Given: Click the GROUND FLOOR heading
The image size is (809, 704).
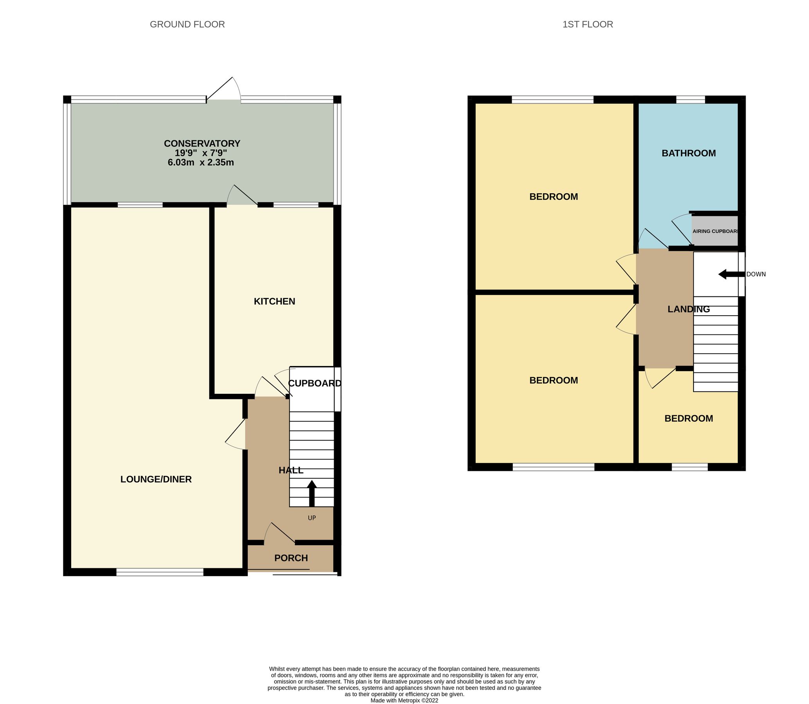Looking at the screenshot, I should [x=187, y=24].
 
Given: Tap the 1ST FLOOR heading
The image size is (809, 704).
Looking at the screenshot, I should [x=588, y=24].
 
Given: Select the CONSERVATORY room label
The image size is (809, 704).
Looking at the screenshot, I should [x=201, y=144].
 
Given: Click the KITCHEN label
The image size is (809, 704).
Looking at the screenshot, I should [x=274, y=301].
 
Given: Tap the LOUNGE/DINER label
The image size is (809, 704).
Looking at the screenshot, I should [x=156, y=479].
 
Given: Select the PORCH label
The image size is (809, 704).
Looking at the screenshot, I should [x=291, y=558].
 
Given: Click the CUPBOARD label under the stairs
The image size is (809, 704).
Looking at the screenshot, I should [x=314, y=383].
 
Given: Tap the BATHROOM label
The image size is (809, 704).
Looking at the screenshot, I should [x=689, y=153].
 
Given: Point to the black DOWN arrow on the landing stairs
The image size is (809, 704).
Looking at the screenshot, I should [x=731, y=274].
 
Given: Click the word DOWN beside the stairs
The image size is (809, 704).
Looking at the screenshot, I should [x=756, y=274].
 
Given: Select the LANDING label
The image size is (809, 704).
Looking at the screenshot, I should [x=689, y=309].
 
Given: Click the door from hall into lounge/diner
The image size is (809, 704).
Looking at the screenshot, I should [x=236, y=434].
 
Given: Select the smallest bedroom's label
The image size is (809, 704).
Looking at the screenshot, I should [x=689, y=418].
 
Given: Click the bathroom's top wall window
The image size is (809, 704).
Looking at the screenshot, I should [x=690, y=100].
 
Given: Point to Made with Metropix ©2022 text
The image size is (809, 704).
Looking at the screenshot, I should [x=404, y=700].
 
